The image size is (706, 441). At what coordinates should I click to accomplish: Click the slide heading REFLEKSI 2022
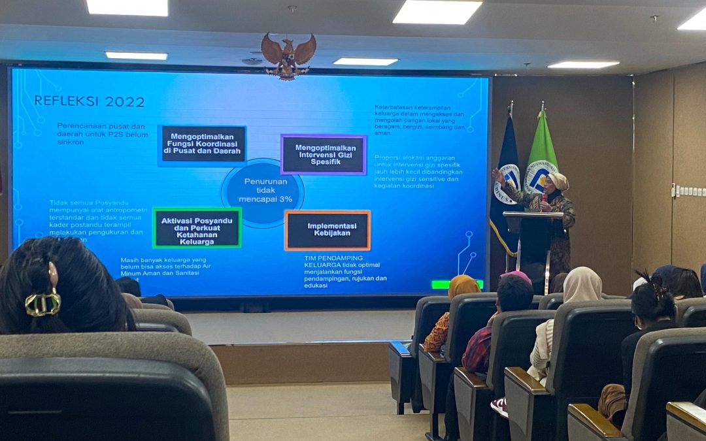(x=89, y=101)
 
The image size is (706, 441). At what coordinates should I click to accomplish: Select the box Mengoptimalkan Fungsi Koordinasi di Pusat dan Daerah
(x=203, y=144)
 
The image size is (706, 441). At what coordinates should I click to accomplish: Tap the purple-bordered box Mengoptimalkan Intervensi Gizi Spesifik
(x=324, y=155)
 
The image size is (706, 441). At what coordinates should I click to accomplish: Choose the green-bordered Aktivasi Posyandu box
(x=197, y=228)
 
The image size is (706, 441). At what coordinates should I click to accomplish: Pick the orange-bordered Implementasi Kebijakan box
(x=328, y=230)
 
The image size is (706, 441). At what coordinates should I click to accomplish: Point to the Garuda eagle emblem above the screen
(x=288, y=56)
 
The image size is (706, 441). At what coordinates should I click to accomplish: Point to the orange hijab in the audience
(x=463, y=286)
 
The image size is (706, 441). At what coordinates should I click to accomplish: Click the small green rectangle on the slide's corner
(x=457, y=284)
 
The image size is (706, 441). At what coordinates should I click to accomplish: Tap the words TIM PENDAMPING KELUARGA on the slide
(x=333, y=262)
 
